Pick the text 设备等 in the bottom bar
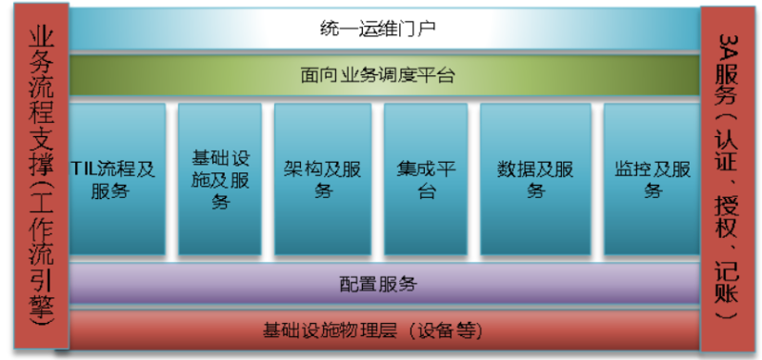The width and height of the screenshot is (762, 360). point(453,331)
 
